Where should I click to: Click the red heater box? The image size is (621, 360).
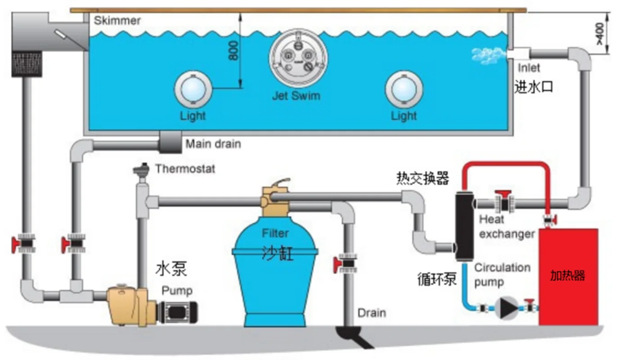click(x=568, y=275)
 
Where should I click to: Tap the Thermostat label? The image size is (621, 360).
click(x=185, y=169)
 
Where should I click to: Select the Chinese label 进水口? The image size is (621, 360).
click(x=534, y=86)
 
